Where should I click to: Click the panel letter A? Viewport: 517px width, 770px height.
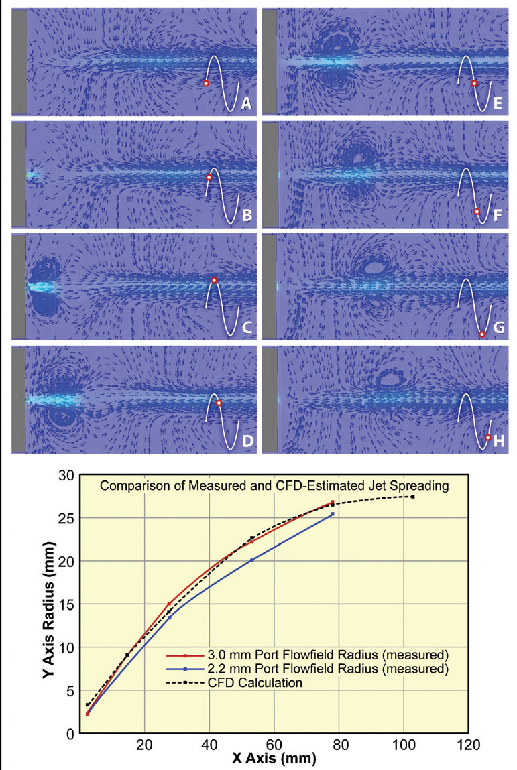[246, 103]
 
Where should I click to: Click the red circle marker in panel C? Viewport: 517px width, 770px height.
[214, 280]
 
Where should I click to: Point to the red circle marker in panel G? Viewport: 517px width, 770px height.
[481, 334]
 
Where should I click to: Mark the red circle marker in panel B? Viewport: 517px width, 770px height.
[209, 178]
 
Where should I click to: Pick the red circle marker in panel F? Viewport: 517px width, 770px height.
[477, 212]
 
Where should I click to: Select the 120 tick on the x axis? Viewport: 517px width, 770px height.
[467, 745]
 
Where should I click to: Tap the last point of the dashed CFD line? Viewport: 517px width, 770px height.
[412, 497]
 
